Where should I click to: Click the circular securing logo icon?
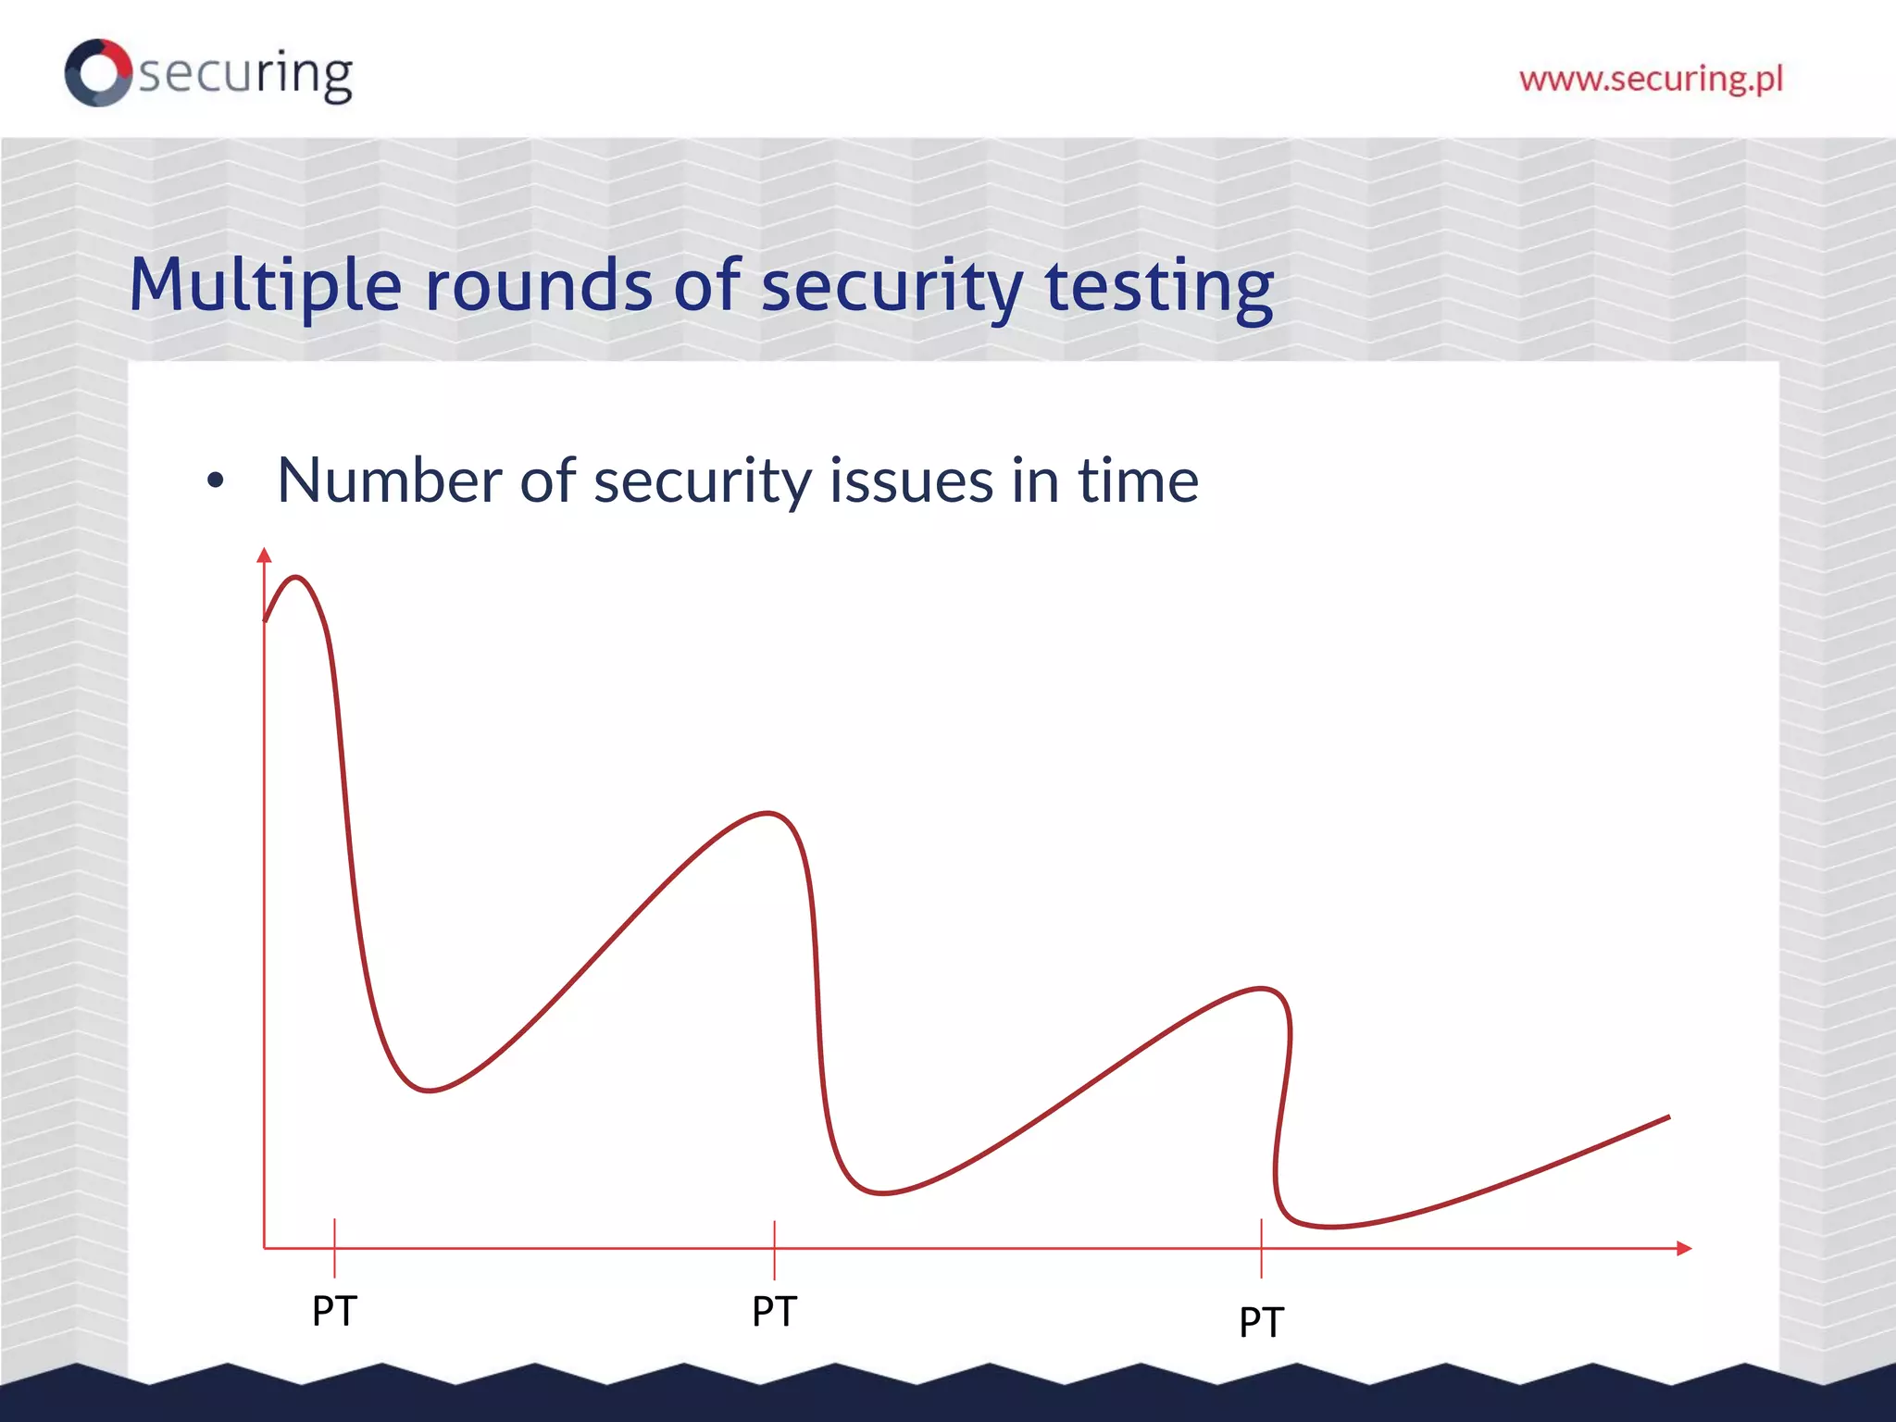pos(98,72)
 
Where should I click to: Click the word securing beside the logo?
pos(245,74)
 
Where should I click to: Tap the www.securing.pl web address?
pos(1651,79)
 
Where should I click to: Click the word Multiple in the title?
pos(265,285)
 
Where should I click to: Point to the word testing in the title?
pos(1159,287)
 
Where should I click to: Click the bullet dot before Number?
pos(216,480)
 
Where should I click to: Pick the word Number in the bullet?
pos(388,480)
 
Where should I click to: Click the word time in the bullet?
pos(1138,480)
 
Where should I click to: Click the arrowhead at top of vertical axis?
pos(264,555)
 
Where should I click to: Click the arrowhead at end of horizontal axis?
pos(1684,1248)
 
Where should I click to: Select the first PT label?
pos(334,1311)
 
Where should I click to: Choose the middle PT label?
pos(774,1312)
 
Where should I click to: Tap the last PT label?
pos(1261,1322)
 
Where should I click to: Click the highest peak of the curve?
pos(296,578)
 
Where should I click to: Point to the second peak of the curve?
pos(768,813)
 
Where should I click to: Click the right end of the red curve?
pos(1667,1117)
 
